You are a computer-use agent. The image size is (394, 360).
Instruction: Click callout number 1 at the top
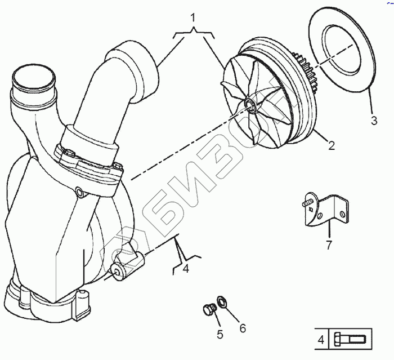point(194,18)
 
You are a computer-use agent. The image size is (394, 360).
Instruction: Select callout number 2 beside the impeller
point(332,146)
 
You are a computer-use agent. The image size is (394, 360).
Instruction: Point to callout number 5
point(220,334)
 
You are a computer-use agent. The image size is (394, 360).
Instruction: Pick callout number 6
point(243,327)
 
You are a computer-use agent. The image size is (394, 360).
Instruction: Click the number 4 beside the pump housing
point(186,269)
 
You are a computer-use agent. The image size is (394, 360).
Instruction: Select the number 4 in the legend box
point(320,340)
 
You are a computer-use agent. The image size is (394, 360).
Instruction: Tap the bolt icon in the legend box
point(350,340)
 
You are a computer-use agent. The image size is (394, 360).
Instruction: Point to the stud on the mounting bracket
point(308,199)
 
